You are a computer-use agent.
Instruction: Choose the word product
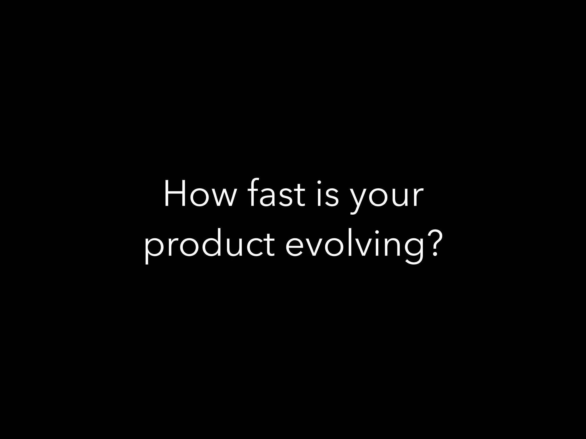click(209, 246)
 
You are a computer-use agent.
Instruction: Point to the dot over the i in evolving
click(376, 232)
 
